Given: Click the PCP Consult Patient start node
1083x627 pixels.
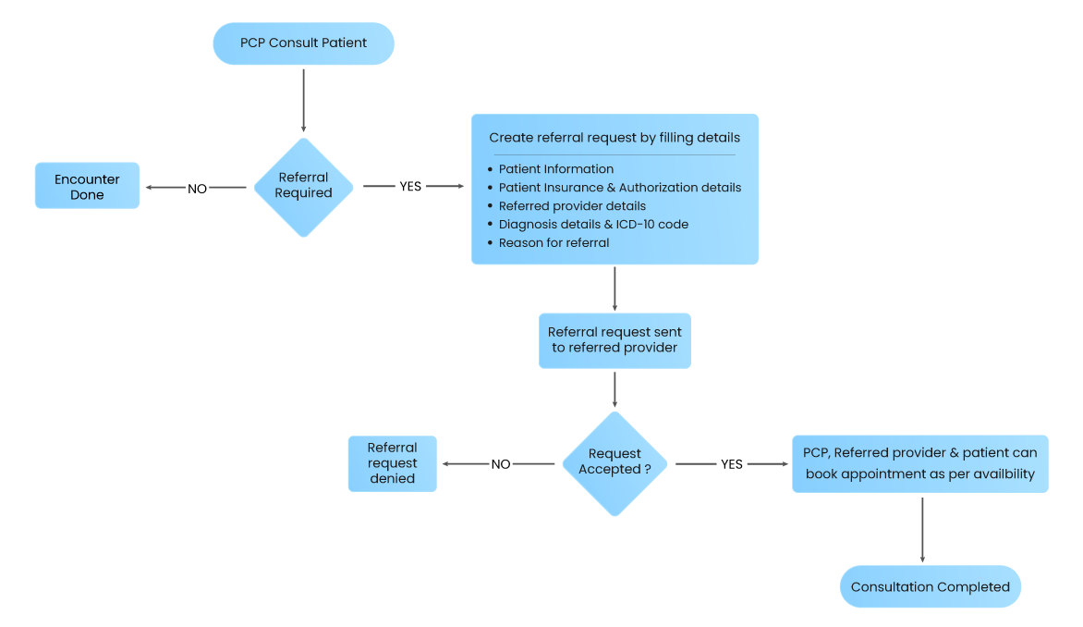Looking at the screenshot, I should point(303,43).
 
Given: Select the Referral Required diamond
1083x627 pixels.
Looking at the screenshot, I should point(303,186).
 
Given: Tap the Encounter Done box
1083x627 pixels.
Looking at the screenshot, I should point(87,186).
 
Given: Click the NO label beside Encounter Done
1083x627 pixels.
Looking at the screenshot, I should point(198,189).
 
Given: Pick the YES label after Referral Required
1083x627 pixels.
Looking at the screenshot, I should point(409,186).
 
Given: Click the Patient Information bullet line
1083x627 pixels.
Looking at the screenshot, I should point(555,169).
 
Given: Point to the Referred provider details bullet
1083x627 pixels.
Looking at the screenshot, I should point(572,206).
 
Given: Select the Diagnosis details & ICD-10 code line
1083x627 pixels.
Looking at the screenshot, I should point(593,225).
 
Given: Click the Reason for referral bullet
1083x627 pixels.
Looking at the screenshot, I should point(554,243).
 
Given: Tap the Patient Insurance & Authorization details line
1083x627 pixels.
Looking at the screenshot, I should point(619,188).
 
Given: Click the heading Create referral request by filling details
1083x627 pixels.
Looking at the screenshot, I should point(615,138).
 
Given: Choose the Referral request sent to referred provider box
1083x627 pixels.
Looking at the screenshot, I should point(615,340).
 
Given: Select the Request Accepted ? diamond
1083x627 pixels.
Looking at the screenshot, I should point(615,461).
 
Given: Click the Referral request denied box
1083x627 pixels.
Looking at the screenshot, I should point(392,463).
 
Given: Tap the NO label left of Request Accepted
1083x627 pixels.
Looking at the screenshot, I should point(500,464).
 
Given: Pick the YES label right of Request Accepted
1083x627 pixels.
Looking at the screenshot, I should point(731,464).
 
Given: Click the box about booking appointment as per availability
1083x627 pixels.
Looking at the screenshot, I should point(919,463).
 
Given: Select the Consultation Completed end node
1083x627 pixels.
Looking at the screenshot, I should point(930,587).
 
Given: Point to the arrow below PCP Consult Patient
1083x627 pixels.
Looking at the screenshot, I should point(303,99).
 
